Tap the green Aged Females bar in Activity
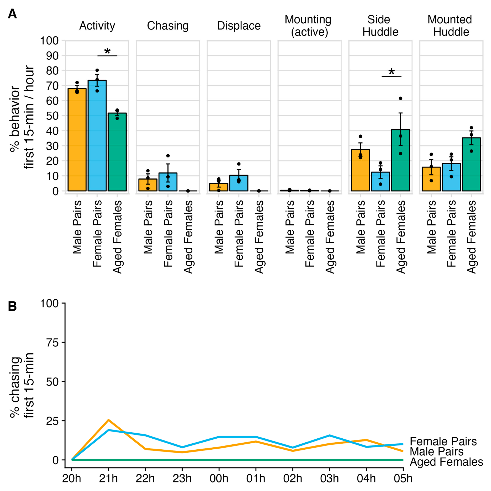[117, 152]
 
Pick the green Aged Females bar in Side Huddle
[401, 160]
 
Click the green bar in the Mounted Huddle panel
[471, 164]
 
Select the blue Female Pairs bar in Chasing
[168, 182]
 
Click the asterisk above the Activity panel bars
[108, 51]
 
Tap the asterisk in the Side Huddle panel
[392, 71]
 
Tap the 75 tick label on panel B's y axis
[52, 343]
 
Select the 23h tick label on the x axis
[182, 479]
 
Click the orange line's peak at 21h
[108, 420]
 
